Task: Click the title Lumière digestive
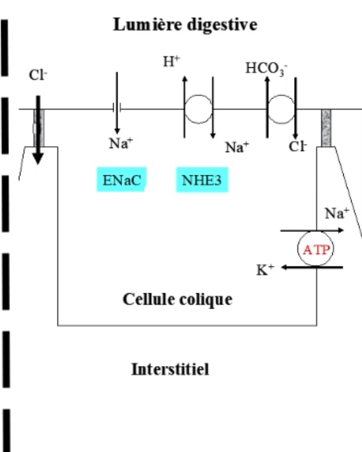pos(185,25)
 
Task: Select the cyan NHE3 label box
pos(202,180)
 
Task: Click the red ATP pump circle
pos(316,249)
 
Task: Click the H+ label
pos(171,62)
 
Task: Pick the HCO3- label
pos(267,68)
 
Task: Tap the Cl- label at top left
pos(38,76)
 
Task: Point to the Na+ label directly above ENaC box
pos(121,144)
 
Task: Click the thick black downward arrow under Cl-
pos(38,130)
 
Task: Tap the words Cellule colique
pos(177,299)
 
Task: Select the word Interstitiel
pos(170,369)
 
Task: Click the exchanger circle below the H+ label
pos(198,109)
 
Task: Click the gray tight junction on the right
pos(326,127)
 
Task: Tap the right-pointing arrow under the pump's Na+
pos(312,231)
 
